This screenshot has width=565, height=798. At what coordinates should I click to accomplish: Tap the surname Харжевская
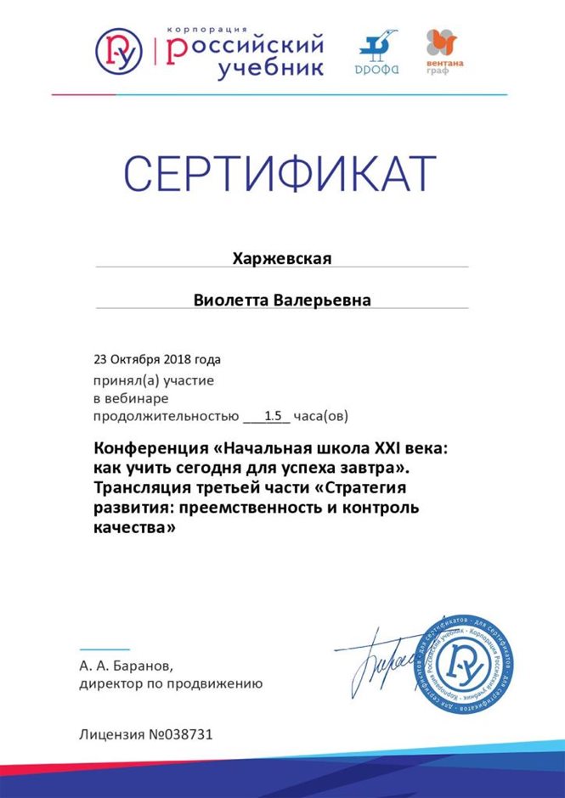[282, 258]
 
